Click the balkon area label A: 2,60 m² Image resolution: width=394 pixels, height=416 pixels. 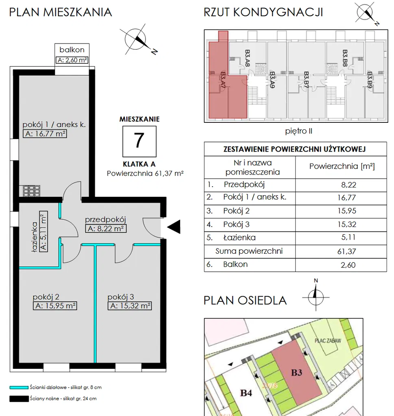pyautogui.click(x=72, y=60)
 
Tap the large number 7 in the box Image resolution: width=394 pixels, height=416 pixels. pyautogui.click(x=139, y=141)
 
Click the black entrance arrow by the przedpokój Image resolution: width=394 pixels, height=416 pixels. pyautogui.click(x=174, y=227)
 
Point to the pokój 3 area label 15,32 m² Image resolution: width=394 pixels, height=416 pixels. pyautogui.click(x=130, y=306)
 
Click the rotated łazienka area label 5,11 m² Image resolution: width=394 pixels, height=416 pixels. pyautogui.click(x=44, y=231)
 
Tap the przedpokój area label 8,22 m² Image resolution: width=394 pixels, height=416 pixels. pyautogui.click(x=106, y=229)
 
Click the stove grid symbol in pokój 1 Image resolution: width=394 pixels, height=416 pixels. pyautogui.click(x=32, y=191)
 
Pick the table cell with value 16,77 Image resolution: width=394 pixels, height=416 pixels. pyautogui.click(x=346, y=197)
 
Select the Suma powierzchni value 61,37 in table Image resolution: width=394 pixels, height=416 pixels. pyautogui.click(x=346, y=251)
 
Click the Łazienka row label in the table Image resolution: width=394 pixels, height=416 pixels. pyautogui.click(x=239, y=237)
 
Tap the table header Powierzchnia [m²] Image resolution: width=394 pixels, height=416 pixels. pyautogui.click(x=342, y=166)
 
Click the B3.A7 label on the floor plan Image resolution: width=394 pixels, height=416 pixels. pyautogui.click(x=223, y=80)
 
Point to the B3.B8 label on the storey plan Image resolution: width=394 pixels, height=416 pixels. pyautogui.click(x=345, y=58)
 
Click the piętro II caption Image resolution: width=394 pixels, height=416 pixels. pyautogui.click(x=298, y=131)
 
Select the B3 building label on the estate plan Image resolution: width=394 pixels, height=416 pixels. pyautogui.click(x=297, y=372)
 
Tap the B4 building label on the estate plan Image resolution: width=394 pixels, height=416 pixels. pyautogui.click(x=246, y=393)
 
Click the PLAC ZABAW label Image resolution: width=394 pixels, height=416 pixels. pyautogui.click(x=328, y=340)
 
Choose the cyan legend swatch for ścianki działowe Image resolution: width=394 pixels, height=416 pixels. pyautogui.click(x=19, y=388)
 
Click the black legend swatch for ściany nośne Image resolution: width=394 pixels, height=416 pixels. pyautogui.click(x=19, y=399)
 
